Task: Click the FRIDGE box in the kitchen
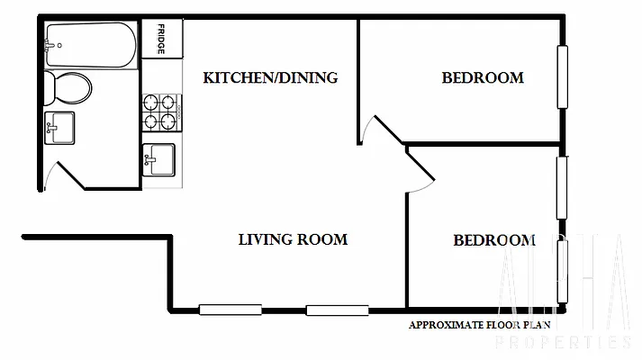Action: click(x=161, y=39)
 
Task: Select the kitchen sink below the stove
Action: click(x=159, y=159)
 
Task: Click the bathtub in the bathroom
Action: click(x=90, y=41)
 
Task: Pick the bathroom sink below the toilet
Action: click(x=59, y=128)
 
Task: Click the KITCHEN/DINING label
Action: click(x=270, y=77)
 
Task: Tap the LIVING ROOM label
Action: click(x=293, y=239)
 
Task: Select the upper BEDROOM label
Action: click(x=483, y=77)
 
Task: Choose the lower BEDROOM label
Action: click(x=494, y=240)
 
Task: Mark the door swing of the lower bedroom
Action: click(x=420, y=171)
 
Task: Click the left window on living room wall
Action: click(x=230, y=310)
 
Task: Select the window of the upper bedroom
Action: click(x=563, y=76)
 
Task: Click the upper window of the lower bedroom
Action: click(x=562, y=187)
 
